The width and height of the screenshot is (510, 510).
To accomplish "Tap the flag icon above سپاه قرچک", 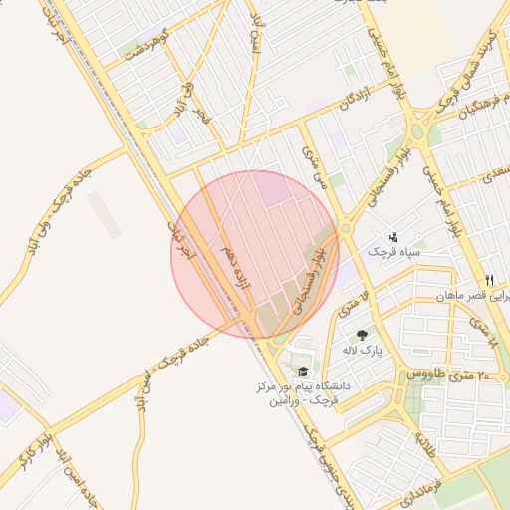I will [x=394, y=237].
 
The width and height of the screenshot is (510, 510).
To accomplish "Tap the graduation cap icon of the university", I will [x=303, y=371].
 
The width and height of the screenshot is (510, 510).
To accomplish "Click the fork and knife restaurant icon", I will [x=489, y=280].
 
